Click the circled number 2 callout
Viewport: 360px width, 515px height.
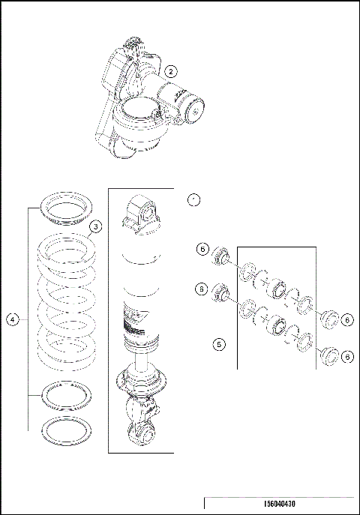tap(171, 72)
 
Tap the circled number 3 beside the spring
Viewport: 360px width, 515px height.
tap(94, 226)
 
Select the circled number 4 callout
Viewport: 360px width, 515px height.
tap(13, 319)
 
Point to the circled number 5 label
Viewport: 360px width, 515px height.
tap(219, 344)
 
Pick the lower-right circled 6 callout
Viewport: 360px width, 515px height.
tap(348, 358)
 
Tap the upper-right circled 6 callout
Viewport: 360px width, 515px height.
tap(348, 319)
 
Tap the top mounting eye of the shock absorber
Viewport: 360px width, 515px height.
tap(142, 212)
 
